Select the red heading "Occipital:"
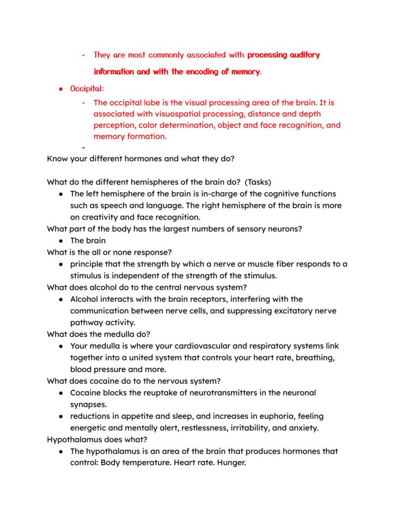coord(87,89)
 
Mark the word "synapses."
coord(88,404)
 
